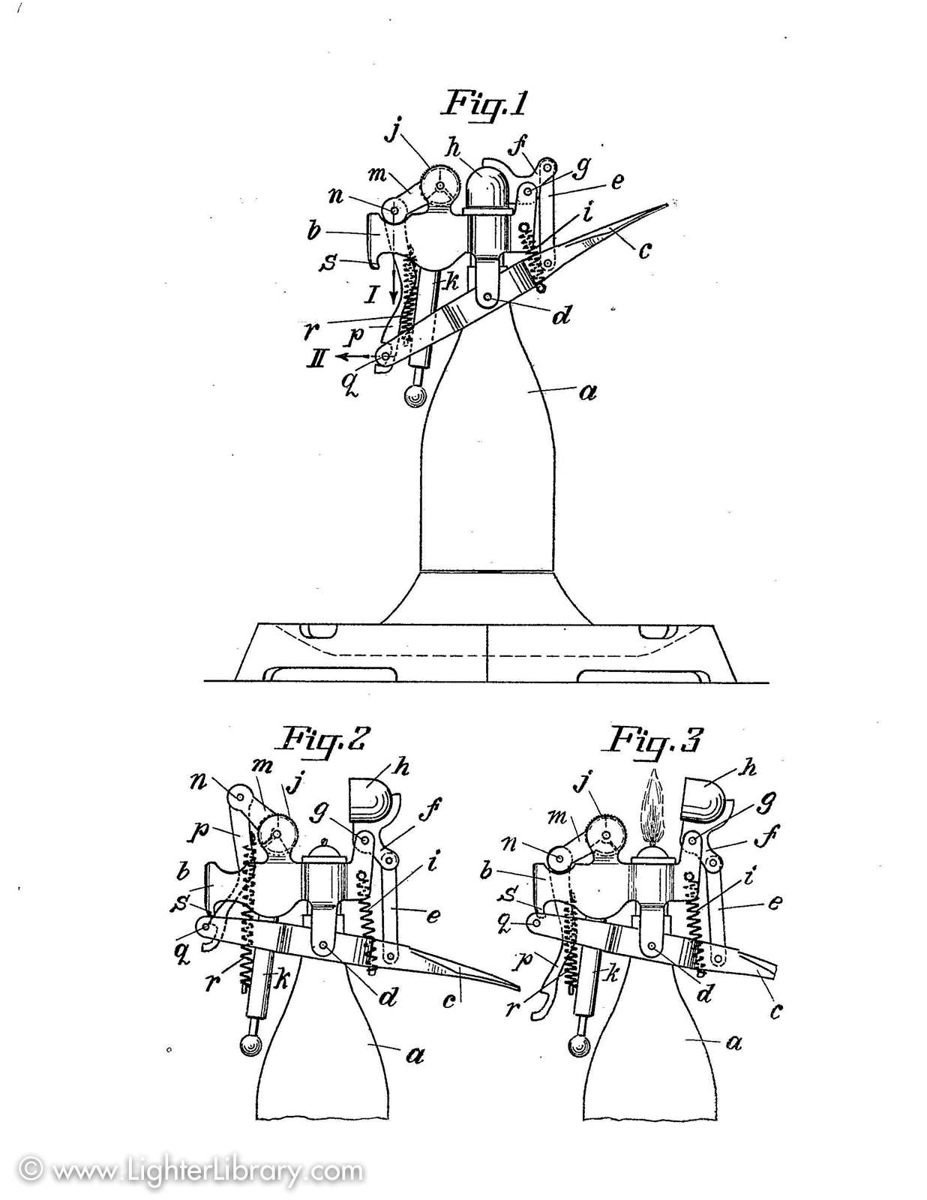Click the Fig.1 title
[485, 103]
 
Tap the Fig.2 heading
[324, 739]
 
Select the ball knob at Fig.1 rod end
[413, 395]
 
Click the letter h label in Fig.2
[402, 767]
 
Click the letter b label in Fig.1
[314, 230]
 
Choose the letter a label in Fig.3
[734, 1041]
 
